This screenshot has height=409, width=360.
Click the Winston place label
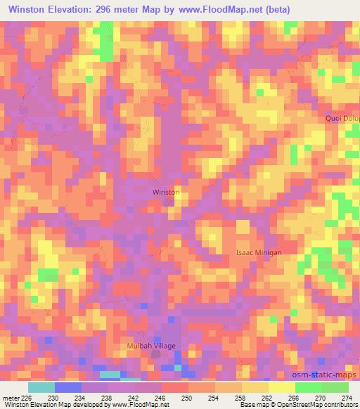167,192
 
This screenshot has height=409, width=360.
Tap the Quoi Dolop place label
342,118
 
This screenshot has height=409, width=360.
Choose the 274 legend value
347,397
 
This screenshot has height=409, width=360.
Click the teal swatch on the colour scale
41,387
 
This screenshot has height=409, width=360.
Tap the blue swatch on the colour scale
68,387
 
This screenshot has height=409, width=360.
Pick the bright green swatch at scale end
335,387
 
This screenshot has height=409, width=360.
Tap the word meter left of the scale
10,397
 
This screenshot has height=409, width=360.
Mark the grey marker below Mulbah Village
155,355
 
